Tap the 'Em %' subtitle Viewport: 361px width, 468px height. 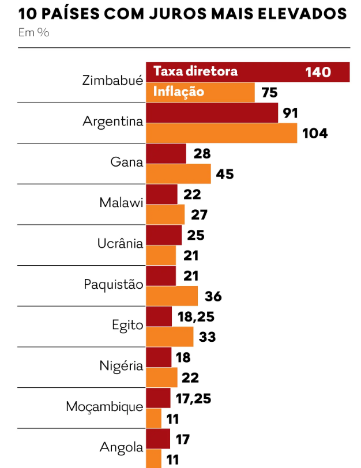click(x=33, y=33)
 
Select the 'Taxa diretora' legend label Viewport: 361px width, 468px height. click(x=195, y=71)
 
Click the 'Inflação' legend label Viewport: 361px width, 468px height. click(x=178, y=92)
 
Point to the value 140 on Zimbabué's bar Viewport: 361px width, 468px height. click(x=318, y=72)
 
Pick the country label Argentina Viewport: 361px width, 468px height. click(x=112, y=122)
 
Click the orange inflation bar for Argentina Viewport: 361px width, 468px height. click(x=221, y=133)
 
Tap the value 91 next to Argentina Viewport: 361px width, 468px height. click(x=290, y=113)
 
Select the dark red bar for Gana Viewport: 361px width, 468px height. click(x=166, y=154)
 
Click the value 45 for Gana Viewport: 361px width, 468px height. click(x=225, y=173)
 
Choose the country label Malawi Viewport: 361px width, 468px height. click(x=121, y=203)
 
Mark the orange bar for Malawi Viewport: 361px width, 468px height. click(x=165, y=214)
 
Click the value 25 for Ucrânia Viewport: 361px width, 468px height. click(x=195, y=235)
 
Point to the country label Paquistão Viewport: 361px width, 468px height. click(x=113, y=285)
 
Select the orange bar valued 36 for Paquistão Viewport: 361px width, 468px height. click(x=172, y=296)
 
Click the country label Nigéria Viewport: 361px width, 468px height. click(x=121, y=366)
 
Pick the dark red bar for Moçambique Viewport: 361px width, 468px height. click(x=158, y=398)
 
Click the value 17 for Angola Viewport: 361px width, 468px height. click(x=182, y=439)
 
